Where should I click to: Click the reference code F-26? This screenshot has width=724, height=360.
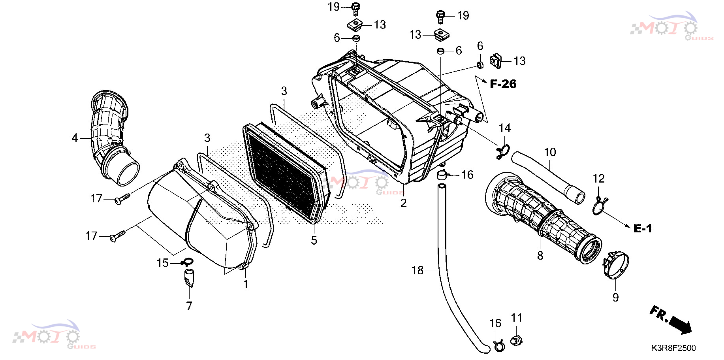pos(503,84)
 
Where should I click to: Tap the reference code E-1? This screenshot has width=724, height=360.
pos(643,228)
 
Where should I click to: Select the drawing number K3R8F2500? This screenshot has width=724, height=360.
pos(673,348)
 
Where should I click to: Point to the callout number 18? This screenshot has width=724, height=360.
pos(417,270)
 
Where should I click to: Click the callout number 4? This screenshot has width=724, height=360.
pos(75,138)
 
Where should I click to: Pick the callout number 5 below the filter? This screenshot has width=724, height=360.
pos(314,240)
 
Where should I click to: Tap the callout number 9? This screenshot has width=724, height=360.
pos(615,297)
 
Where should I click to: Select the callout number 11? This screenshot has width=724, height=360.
pos(517,318)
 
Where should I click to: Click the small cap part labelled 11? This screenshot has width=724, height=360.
pos(515,340)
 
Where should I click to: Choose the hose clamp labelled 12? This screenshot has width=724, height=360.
pos(600,205)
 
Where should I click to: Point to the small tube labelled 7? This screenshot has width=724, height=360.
pos(189,277)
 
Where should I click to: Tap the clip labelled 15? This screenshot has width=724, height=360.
pos(187,262)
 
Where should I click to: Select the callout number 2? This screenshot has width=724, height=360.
pos(403,203)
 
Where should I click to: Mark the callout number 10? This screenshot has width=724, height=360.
pos(550,152)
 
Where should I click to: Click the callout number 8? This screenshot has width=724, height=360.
pos(540,256)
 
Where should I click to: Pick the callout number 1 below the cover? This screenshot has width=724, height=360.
pos(246,284)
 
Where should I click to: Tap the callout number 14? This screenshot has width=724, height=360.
pos(505,128)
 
